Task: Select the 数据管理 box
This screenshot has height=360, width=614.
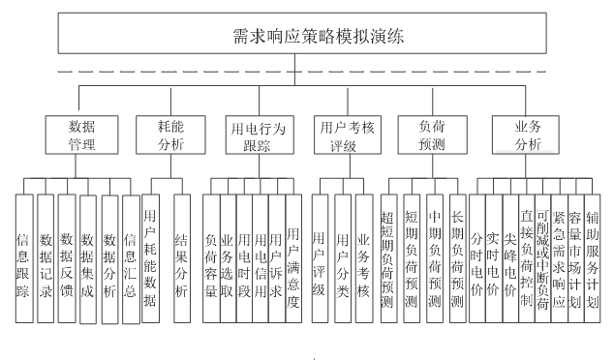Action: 81,135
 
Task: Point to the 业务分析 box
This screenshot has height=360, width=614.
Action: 529,135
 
